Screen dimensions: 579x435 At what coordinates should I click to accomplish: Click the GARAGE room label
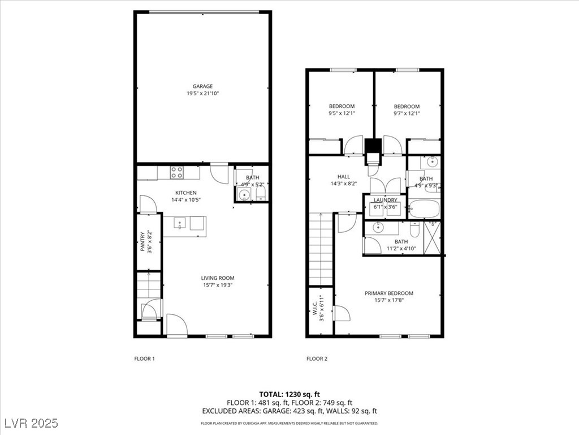202,86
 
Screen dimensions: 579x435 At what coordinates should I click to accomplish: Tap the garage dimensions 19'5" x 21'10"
202,93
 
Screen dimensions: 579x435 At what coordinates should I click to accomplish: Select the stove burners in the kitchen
176,172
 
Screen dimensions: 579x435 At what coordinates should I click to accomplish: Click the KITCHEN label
185,193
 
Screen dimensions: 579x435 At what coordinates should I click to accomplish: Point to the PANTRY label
142,241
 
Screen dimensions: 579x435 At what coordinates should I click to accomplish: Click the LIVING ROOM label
218,278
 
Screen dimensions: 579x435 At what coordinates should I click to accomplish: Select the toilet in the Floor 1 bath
261,193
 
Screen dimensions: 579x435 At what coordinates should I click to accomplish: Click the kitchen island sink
180,223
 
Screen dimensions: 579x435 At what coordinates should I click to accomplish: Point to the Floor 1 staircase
149,285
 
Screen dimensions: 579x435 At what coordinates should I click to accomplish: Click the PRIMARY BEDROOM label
389,293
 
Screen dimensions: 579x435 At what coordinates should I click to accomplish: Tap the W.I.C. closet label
314,308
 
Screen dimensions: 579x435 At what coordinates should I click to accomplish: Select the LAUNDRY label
385,200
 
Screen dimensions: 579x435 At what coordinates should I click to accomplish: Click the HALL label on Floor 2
343,177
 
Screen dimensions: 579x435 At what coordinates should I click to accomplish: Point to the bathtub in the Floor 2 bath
424,209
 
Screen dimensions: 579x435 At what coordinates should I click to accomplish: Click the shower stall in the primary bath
432,238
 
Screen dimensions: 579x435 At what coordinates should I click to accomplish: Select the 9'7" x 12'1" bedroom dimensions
407,113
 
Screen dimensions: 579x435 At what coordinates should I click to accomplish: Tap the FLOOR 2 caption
317,359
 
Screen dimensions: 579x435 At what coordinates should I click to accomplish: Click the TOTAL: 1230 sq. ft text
289,394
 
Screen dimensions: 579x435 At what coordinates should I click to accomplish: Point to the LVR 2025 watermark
32,423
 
